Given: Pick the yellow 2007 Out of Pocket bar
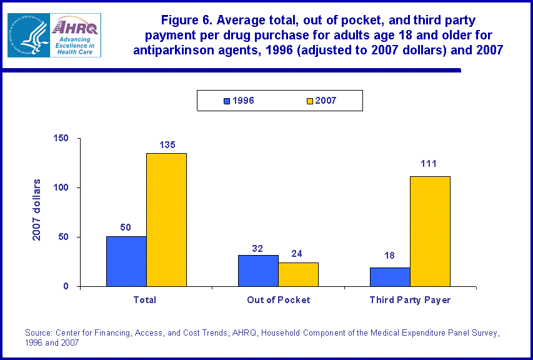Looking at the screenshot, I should (x=298, y=274).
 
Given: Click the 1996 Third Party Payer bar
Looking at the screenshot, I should (x=390, y=277).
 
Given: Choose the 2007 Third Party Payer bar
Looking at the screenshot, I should (x=430, y=231).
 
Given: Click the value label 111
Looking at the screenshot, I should (x=428, y=164).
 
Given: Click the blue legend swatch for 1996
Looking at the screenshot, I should (x=227, y=100).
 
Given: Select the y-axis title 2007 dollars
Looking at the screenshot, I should (x=37, y=210).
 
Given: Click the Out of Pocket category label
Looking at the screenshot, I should (x=278, y=300).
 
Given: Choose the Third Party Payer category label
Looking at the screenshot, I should (x=410, y=300).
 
